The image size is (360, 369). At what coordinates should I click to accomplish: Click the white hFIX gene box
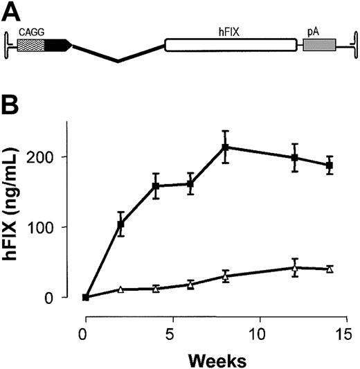(x=230, y=45)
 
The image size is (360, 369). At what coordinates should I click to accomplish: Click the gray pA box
(x=319, y=45)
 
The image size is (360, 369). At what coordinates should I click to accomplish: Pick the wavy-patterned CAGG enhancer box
(x=30, y=45)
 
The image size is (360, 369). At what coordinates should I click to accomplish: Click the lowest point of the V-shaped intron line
(x=118, y=61)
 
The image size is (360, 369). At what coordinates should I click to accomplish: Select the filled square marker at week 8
(x=225, y=147)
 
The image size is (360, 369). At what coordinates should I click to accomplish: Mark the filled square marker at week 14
(x=330, y=165)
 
